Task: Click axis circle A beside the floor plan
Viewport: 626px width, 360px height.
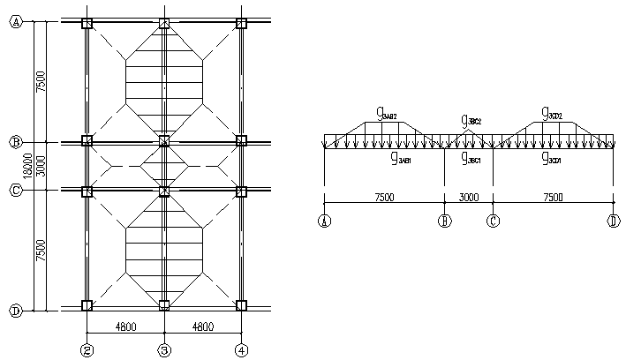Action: coord(15,24)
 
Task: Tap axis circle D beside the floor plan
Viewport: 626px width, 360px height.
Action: coord(15,310)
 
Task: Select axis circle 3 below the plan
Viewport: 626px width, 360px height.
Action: coord(164,349)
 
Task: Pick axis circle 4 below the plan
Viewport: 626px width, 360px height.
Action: coord(241,349)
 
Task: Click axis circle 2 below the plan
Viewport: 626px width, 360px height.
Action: coord(87,349)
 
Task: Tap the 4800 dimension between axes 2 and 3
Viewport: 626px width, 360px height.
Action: coord(125,326)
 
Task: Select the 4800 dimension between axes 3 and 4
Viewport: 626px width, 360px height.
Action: coord(203,326)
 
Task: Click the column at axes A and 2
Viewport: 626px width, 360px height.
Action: coord(87,24)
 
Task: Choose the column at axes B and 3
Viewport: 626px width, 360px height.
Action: coord(164,140)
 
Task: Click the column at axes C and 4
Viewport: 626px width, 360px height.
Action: coord(241,190)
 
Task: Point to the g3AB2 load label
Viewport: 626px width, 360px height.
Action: coord(386,113)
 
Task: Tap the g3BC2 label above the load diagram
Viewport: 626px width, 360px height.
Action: coord(471,120)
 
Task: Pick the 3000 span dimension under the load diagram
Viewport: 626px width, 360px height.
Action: coord(469,198)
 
